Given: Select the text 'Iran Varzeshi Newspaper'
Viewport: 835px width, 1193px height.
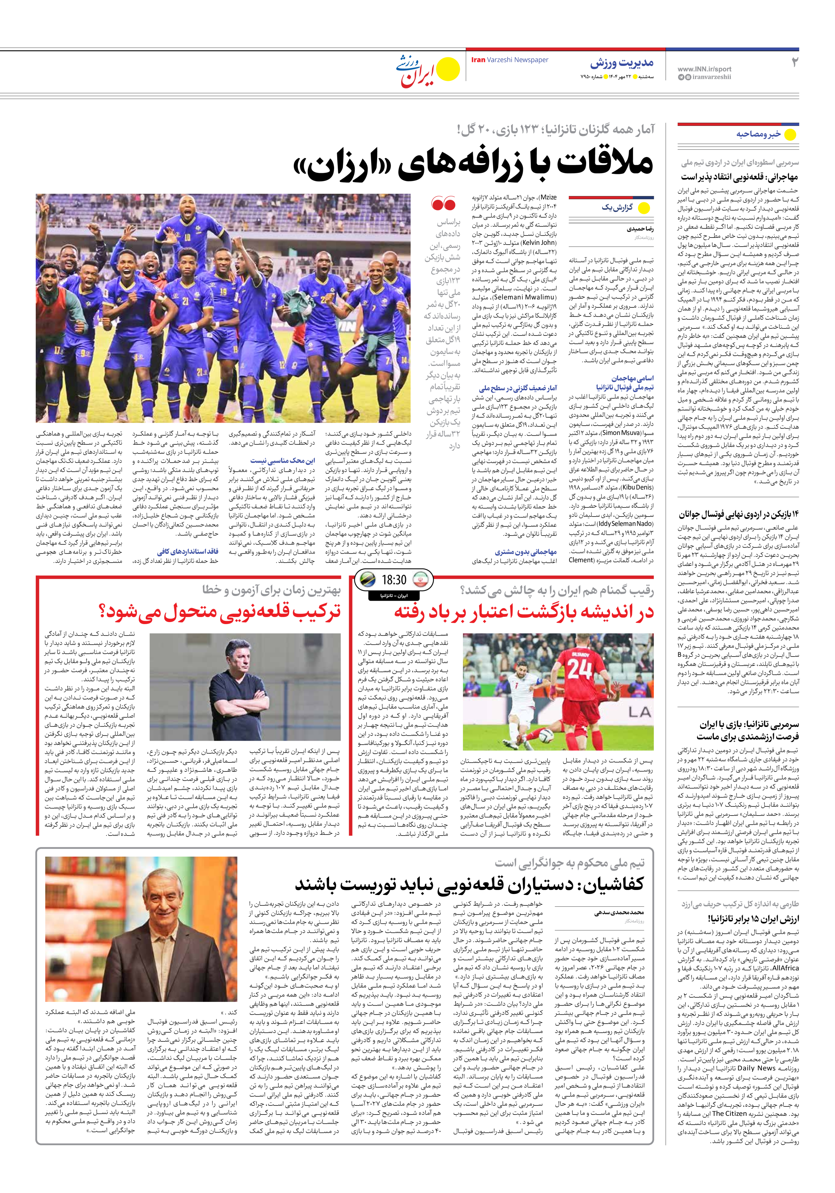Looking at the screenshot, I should pos(509,60).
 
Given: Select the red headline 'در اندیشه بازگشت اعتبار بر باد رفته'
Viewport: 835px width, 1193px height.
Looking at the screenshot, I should pos(523,612).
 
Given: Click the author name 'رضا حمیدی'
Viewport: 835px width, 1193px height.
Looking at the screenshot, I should pos(640,229).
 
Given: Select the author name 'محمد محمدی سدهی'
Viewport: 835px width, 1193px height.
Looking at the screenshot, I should pos(619,912).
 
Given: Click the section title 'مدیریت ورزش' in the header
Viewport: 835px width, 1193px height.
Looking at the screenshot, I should pos(622,63).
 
